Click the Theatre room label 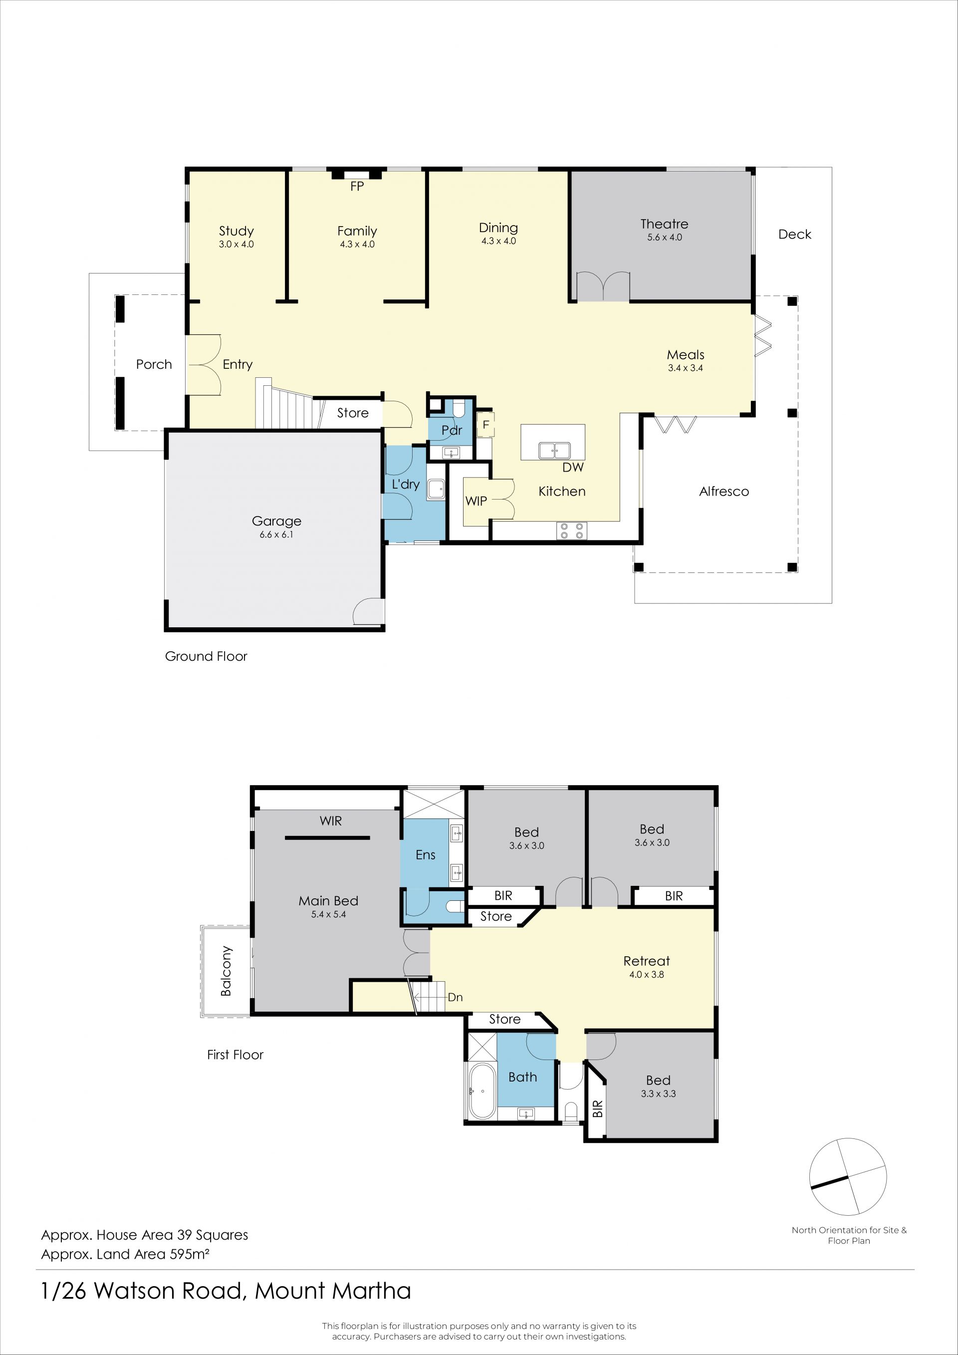664,224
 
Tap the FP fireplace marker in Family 357,187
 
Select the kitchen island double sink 554,450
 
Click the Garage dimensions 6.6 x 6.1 276,535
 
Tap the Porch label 154,365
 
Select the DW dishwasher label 573,468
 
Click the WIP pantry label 476,501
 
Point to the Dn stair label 455,997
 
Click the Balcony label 226,971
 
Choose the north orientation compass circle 848,1177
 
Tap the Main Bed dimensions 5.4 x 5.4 329,914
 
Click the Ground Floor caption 206,656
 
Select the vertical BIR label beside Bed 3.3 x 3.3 598,1109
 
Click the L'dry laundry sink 437,489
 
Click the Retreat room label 647,961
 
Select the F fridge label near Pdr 486,424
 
